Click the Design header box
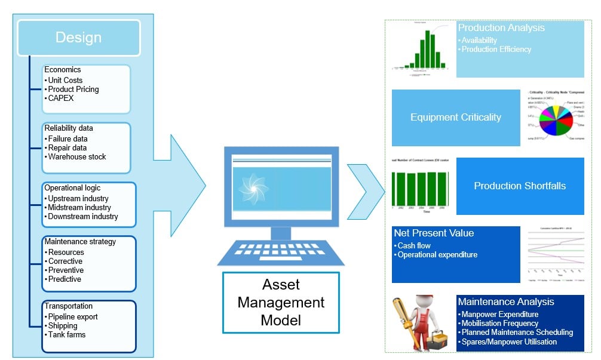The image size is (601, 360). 79,38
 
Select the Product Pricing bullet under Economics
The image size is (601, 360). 73,90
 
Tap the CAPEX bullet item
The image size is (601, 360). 61,99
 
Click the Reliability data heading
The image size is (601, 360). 69,128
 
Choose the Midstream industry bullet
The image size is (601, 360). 79,208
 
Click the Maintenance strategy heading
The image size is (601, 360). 80,242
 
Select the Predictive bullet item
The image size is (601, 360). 65,279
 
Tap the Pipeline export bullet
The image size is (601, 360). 73,317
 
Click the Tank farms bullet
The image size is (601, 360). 67,335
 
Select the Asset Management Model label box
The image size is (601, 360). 281,302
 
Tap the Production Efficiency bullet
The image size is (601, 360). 496,50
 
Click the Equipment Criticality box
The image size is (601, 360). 456,118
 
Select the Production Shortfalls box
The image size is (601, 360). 520,186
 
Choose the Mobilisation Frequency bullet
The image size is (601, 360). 499,324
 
